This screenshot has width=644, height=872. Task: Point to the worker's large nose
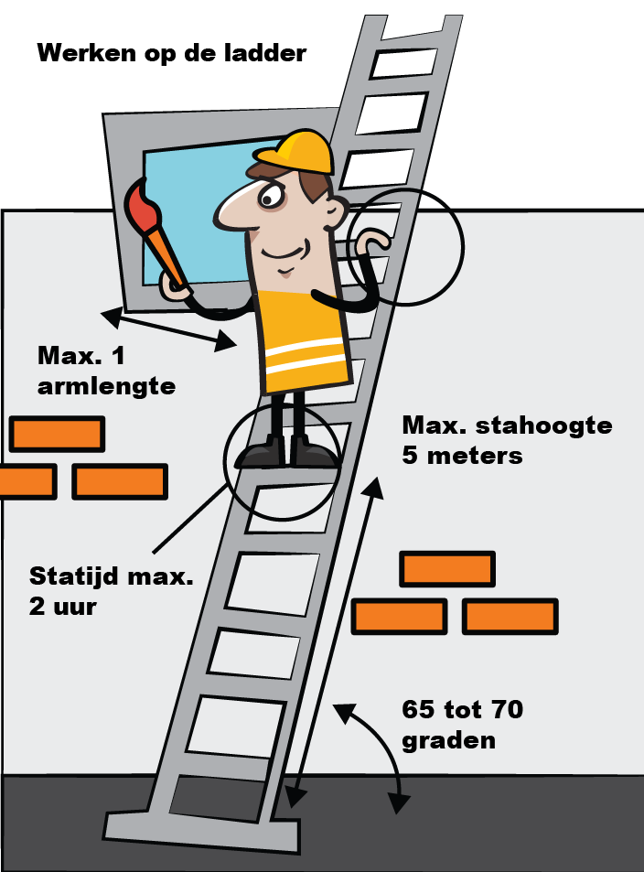(x=233, y=210)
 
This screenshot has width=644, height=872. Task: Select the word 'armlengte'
(x=106, y=386)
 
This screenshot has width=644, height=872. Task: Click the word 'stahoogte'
(x=544, y=425)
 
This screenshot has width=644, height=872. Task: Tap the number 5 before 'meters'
(x=409, y=456)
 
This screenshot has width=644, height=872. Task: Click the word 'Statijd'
(x=75, y=576)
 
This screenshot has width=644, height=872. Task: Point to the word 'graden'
(x=448, y=741)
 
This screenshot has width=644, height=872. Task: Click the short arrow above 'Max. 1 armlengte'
(x=168, y=329)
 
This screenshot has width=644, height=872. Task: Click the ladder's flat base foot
(x=202, y=833)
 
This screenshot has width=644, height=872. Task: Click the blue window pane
(x=195, y=217)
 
